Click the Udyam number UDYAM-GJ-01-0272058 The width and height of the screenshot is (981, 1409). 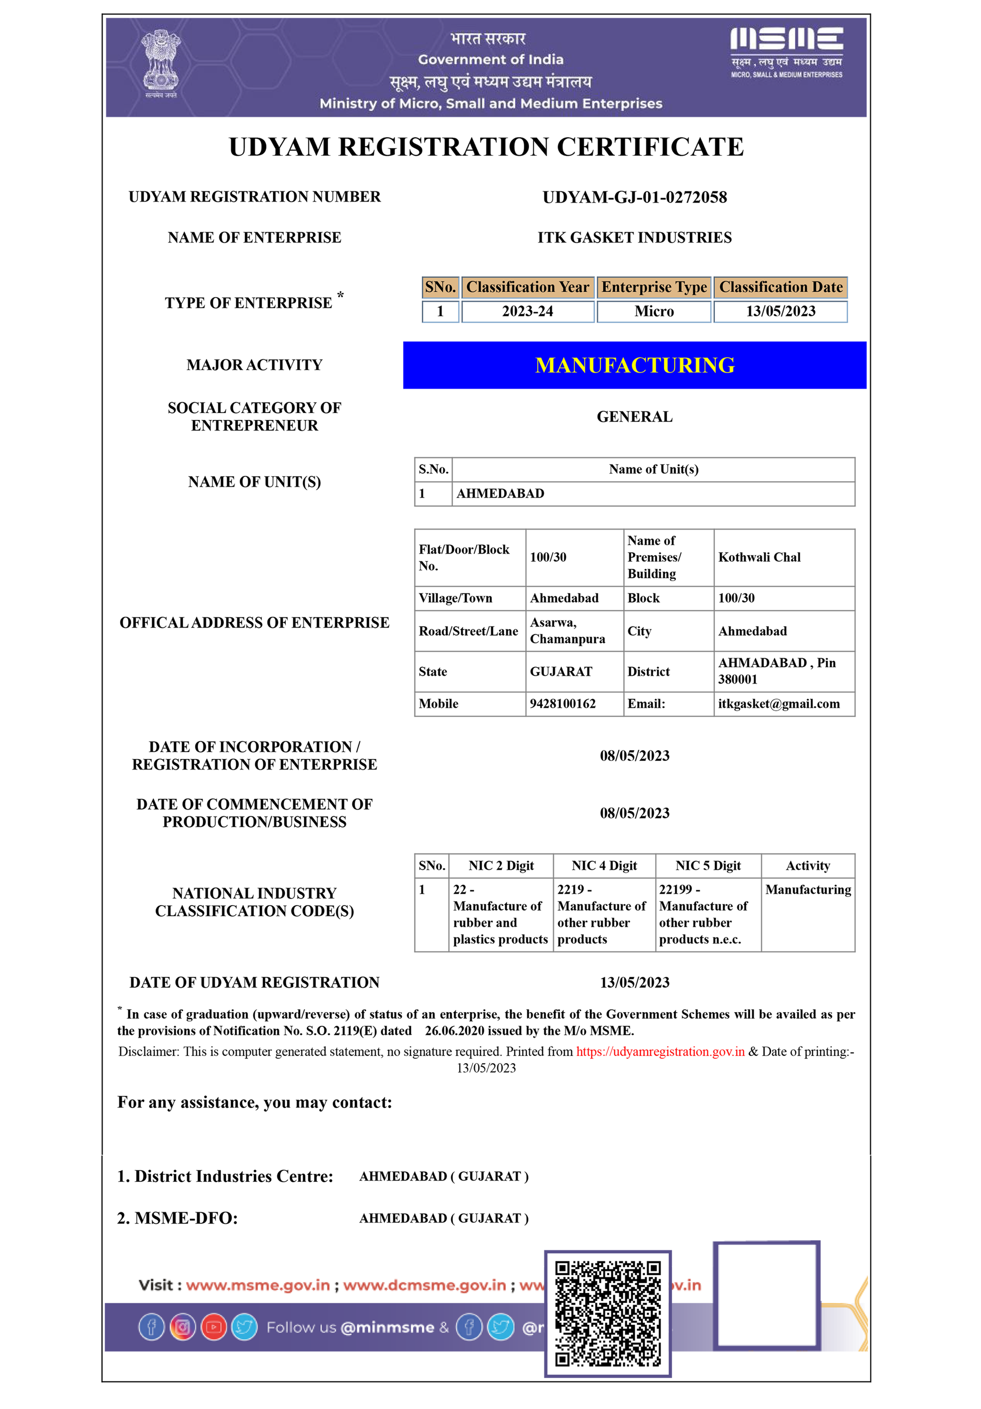[635, 197]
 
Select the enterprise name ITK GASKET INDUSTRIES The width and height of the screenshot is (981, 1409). [635, 237]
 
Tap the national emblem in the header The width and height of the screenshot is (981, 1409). [161, 61]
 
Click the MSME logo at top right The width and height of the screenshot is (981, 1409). [786, 52]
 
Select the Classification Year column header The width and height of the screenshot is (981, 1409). [527, 287]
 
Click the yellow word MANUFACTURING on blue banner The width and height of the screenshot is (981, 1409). [635, 365]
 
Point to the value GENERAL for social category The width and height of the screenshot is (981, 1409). [635, 416]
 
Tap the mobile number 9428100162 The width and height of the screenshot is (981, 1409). [562, 703]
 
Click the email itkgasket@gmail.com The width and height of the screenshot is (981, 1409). [779, 703]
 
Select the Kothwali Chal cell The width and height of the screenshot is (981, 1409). [759, 557]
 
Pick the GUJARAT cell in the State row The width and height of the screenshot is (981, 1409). [561, 671]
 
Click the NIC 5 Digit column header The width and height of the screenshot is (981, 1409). [707, 865]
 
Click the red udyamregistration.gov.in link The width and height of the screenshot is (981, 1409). [660, 1051]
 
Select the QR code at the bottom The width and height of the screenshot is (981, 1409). [608, 1313]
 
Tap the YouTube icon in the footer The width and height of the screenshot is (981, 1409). [214, 1327]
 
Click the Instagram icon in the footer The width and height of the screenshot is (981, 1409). [183, 1327]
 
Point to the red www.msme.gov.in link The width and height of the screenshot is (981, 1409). [258, 1285]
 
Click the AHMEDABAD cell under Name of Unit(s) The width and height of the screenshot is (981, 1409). [500, 494]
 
